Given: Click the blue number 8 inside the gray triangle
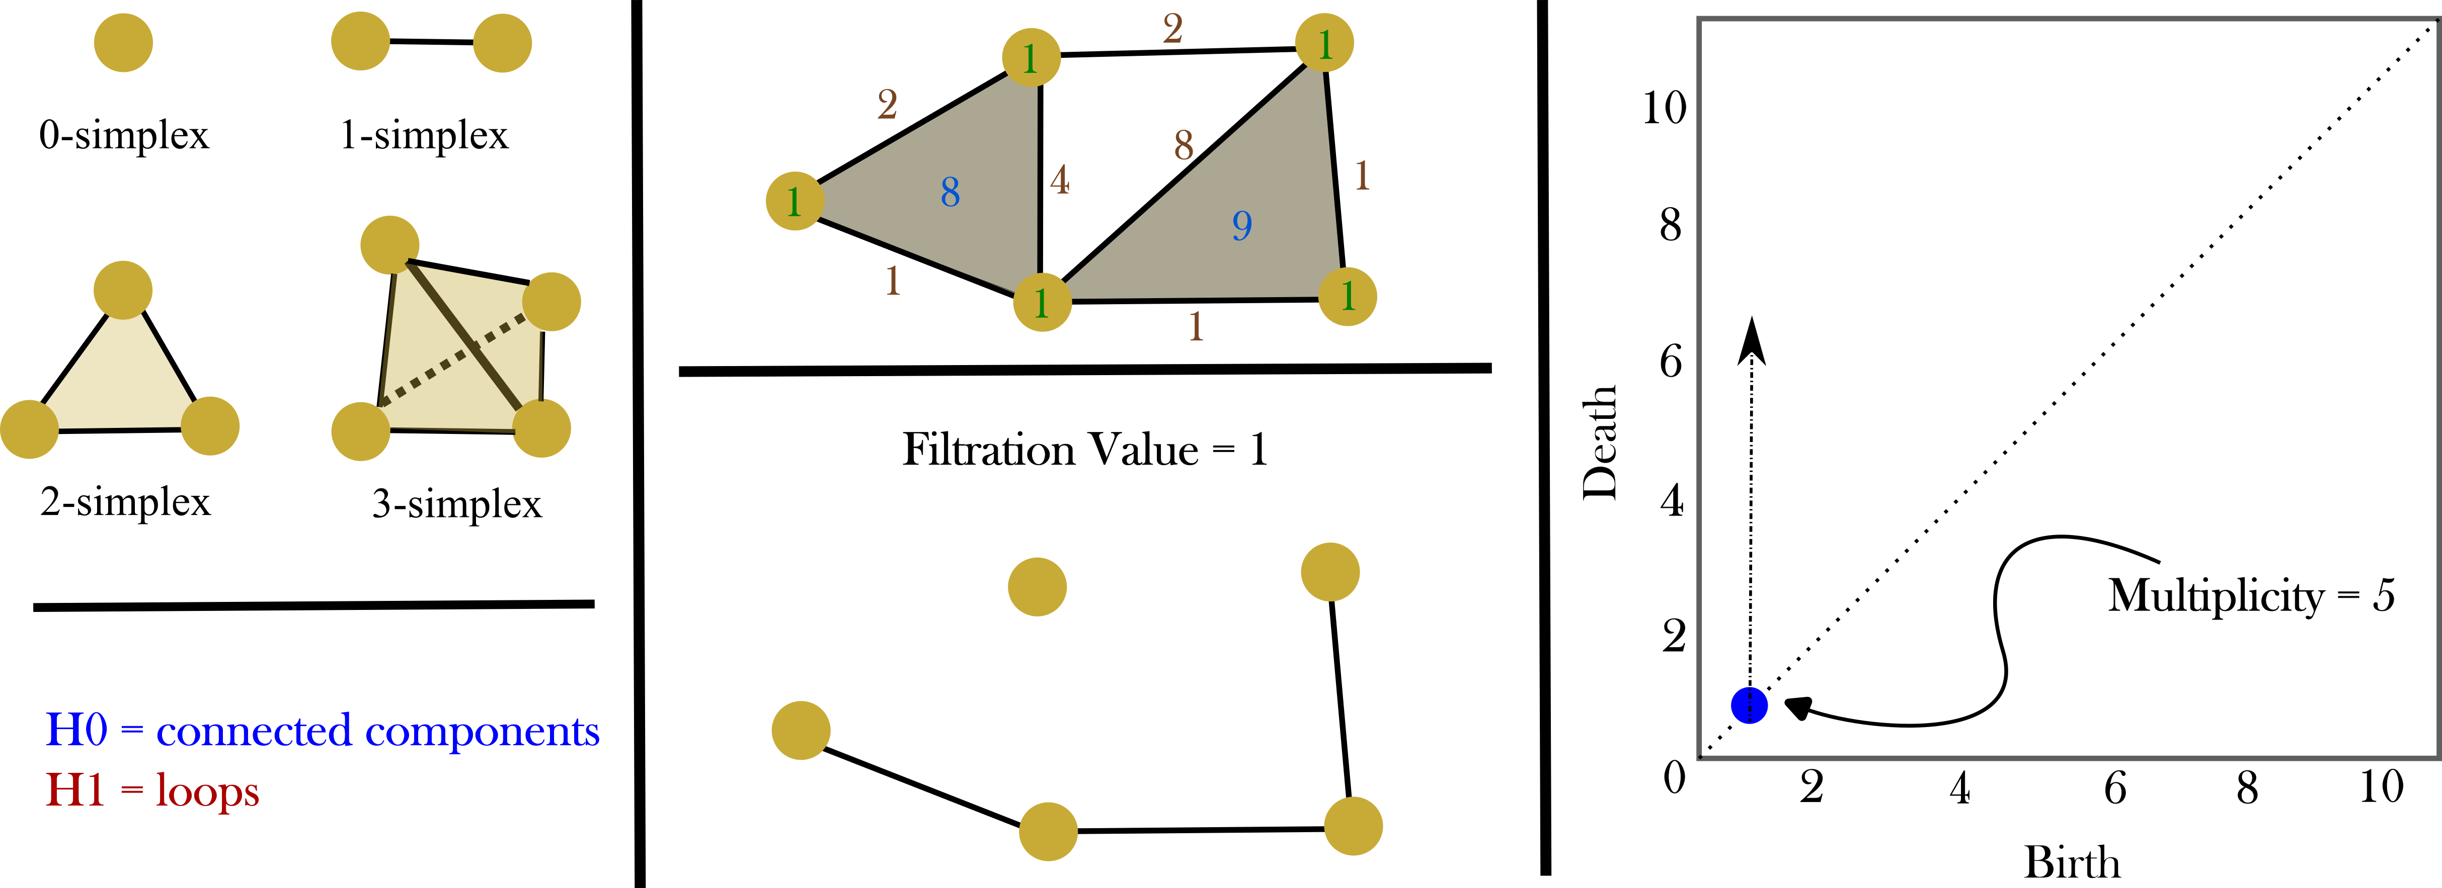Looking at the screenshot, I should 950,193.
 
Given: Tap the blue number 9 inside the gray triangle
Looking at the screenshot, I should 1242,226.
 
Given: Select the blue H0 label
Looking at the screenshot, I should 76,731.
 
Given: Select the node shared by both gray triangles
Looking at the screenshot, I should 1042,302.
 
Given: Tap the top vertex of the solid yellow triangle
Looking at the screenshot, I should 123,289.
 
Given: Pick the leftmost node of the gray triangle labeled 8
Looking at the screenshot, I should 795,201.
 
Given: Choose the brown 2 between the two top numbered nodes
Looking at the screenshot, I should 1172,29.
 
